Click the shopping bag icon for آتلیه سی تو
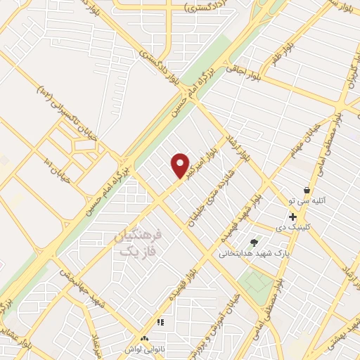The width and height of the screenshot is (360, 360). [x=307, y=190]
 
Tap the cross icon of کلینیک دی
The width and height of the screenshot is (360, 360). [x=292, y=217]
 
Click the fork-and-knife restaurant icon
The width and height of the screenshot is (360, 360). [x=160, y=322]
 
